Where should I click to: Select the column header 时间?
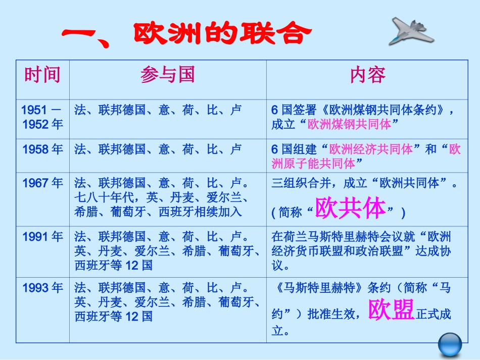pyautogui.click(x=42, y=75)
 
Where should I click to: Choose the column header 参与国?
pyautogui.click(x=167, y=75)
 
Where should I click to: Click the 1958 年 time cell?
pyautogui.click(x=42, y=149)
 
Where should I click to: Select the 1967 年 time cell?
pyautogui.click(x=42, y=183)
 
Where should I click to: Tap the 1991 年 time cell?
pyautogui.click(x=42, y=236)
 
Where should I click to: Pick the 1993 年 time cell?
pyautogui.click(x=42, y=288)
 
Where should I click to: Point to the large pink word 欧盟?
pyautogui.click(x=391, y=310)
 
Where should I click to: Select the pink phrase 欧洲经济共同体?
pyautogui.click(x=371, y=149)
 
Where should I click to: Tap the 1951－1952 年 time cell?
pyautogui.click(x=42, y=117)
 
